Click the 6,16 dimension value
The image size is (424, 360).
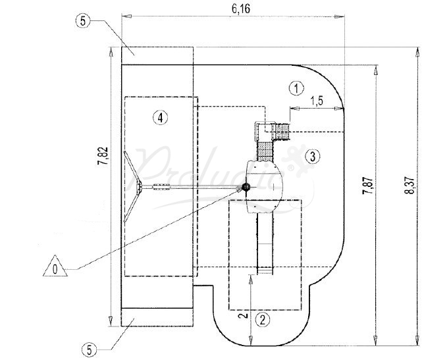point(232,8)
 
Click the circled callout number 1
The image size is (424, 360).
point(297,87)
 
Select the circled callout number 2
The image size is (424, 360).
point(263,321)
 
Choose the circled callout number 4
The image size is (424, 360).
point(160,118)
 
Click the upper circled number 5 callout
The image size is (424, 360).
point(83,20)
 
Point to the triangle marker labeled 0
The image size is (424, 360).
point(55,269)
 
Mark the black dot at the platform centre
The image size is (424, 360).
point(246,188)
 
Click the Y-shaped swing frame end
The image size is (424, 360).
point(136,189)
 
